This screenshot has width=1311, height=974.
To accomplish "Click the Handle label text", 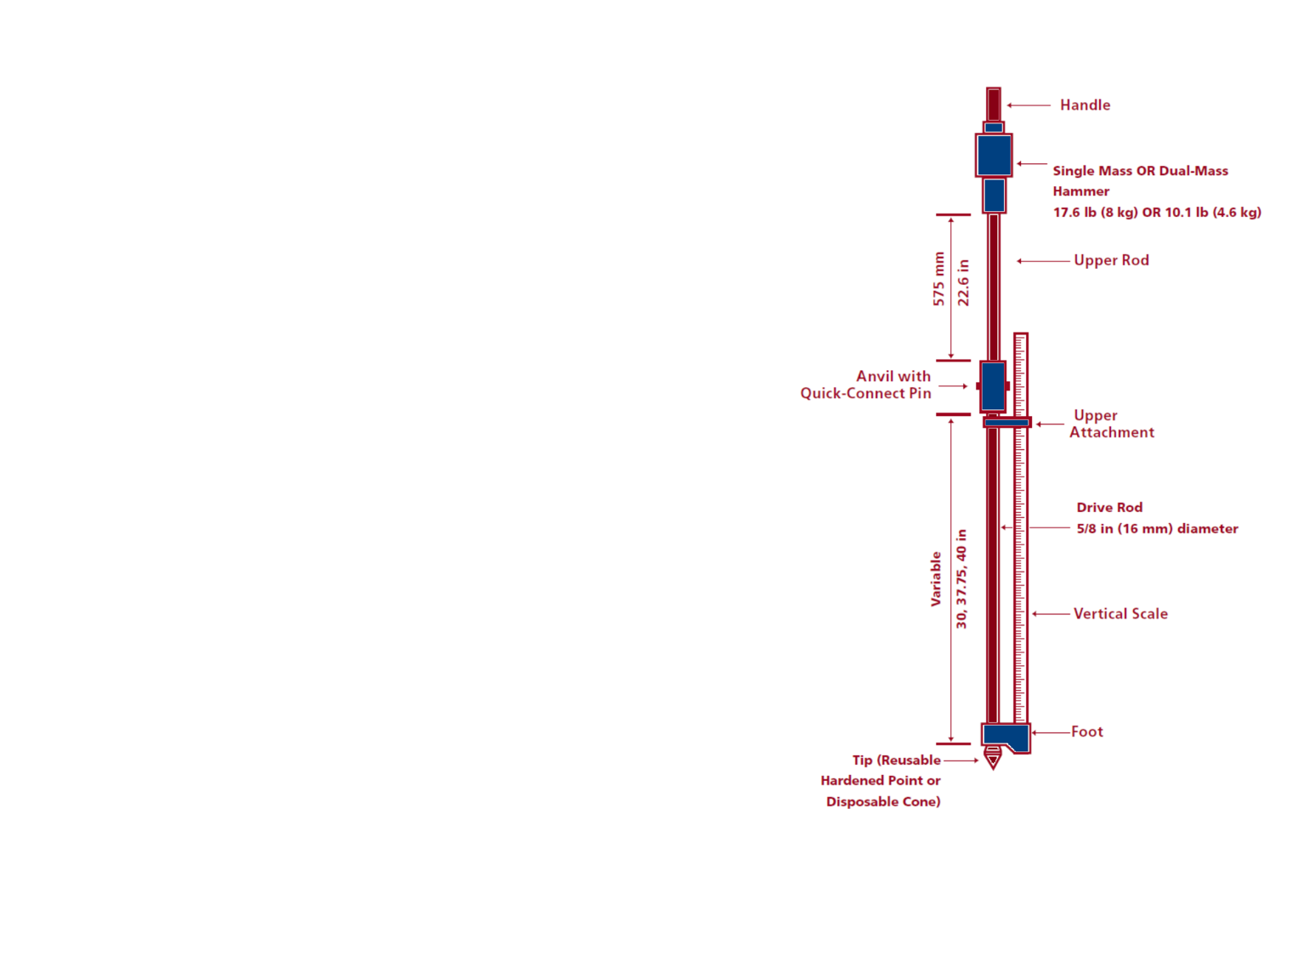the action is (x=1085, y=105).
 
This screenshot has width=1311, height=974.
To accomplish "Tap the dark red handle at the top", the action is (x=994, y=104).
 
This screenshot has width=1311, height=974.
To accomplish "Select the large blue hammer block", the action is (x=994, y=155).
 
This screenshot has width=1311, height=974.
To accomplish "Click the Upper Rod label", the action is (x=1111, y=260).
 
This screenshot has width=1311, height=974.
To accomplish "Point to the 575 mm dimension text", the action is (x=938, y=279).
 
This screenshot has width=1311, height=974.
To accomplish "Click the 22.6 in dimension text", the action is (x=963, y=283).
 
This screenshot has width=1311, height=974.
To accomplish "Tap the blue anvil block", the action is (x=993, y=386).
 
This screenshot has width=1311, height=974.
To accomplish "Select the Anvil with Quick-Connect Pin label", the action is (x=866, y=384).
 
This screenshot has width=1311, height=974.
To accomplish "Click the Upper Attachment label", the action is (x=1111, y=424).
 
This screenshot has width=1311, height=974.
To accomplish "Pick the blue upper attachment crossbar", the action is (x=1007, y=422).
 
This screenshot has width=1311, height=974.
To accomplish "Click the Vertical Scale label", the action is (x=1120, y=614).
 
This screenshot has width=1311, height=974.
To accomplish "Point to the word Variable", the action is (x=936, y=579).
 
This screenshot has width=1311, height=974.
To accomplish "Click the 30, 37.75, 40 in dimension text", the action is (x=961, y=579).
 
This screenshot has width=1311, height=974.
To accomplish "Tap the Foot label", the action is (x=1086, y=732).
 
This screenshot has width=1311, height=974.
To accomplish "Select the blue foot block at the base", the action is (x=1004, y=736).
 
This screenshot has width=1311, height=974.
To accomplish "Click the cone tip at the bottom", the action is (x=993, y=758).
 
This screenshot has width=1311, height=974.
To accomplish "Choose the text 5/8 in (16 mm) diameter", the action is (x=1157, y=529).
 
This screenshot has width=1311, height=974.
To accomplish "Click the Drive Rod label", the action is (x=1109, y=508).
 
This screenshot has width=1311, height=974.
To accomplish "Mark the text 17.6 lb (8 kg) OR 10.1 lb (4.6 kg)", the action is (x=1157, y=213).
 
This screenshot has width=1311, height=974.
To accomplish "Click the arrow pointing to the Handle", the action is (x=1029, y=105).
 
